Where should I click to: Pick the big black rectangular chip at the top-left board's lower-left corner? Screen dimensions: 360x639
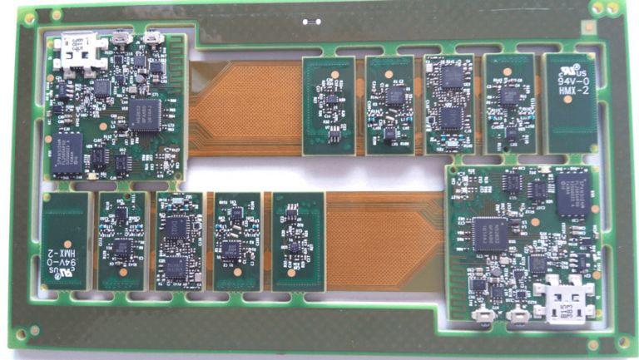point(67,154)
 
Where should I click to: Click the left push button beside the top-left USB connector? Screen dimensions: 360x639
point(124,37)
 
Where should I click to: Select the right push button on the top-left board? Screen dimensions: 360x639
point(153,37)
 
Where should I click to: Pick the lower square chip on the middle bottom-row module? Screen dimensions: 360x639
point(176,266)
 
